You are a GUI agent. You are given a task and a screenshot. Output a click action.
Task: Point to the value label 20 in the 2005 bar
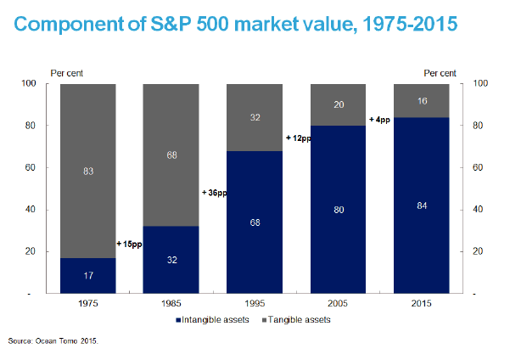click(x=338, y=104)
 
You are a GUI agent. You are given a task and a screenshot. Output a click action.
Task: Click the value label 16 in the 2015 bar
click(x=422, y=100)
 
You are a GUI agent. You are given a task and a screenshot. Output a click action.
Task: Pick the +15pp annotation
click(x=128, y=245)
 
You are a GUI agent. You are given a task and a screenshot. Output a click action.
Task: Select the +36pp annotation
click(x=214, y=193)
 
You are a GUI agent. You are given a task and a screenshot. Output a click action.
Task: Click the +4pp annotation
click(x=379, y=120)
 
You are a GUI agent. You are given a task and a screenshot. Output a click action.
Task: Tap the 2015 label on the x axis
click(x=422, y=301)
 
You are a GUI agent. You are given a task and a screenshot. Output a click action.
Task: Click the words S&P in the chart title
click(x=194, y=23)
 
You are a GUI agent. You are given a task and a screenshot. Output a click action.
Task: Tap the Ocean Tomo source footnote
click(x=53, y=341)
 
